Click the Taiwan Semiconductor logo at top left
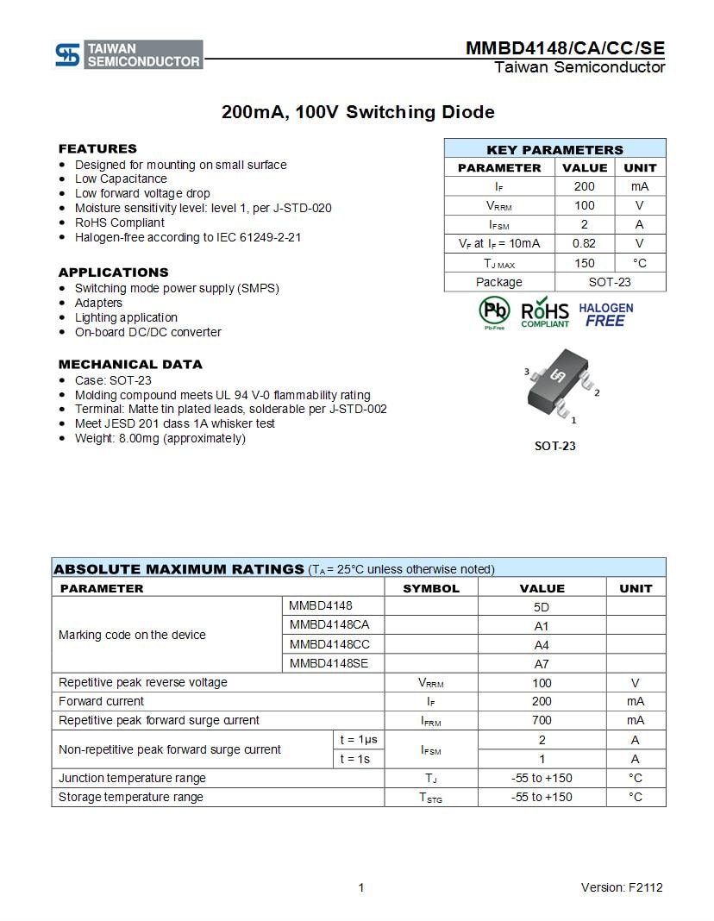click(128, 54)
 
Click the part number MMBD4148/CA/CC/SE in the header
click(565, 48)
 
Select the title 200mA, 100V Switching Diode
click(358, 112)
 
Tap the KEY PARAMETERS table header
click(554, 149)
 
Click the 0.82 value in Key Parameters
click(584, 243)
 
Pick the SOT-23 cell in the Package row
click(610, 282)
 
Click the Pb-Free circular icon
click(494, 312)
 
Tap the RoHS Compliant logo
click(545, 313)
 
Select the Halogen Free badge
click(605, 314)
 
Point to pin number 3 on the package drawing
click(527, 372)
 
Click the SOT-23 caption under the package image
click(554, 446)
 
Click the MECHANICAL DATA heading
click(130, 364)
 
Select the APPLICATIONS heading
click(113, 273)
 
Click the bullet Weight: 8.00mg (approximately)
click(160, 438)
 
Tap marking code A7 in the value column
click(542, 664)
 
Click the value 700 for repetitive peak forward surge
click(542, 720)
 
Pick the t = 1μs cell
click(358, 739)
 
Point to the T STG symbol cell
click(430, 798)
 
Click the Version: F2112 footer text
click(622, 887)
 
